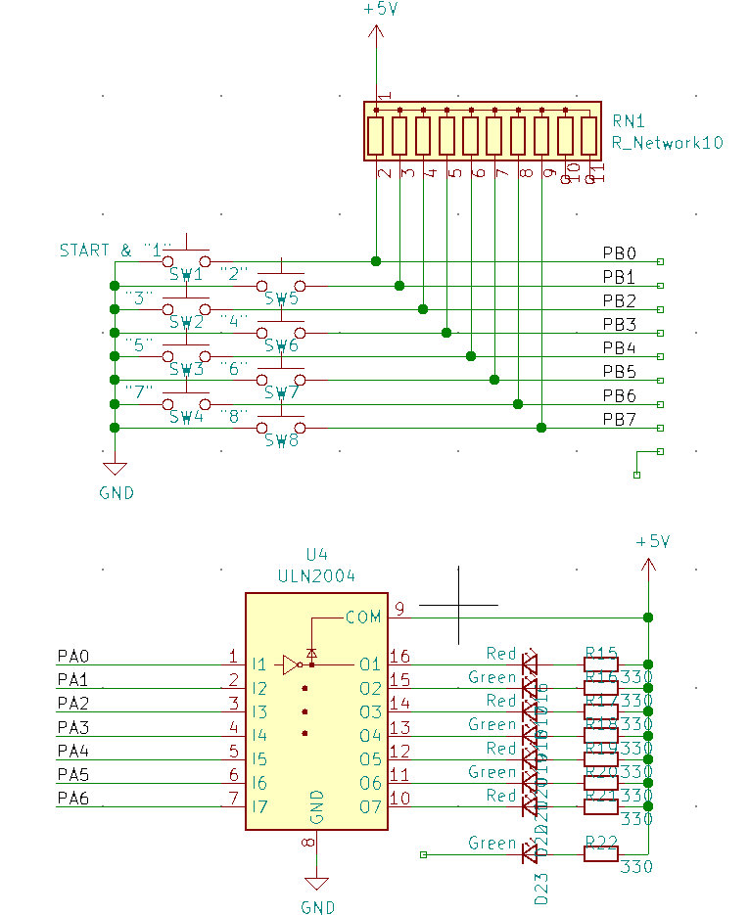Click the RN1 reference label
tap(629, 121)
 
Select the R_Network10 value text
tap(667, 142)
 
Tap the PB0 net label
tap(619, 252)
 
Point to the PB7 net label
tap(619, 420)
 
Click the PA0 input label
tap(73, 656)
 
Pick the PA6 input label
tap(73, 799)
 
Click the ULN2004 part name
tap(316, 576)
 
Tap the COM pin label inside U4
tap(362, 618)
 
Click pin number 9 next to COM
tap(399, 609)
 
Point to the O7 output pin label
tap(369, 806)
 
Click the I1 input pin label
tap(259, 664)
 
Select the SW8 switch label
tap(281, 440)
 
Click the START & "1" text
tap(116, 250)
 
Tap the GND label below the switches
tap(117, 493)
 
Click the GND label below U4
tap(317, 907)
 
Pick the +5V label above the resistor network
tap(379, 9)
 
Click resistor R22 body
tap(601, 854)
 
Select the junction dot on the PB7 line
tap(541, 428)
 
